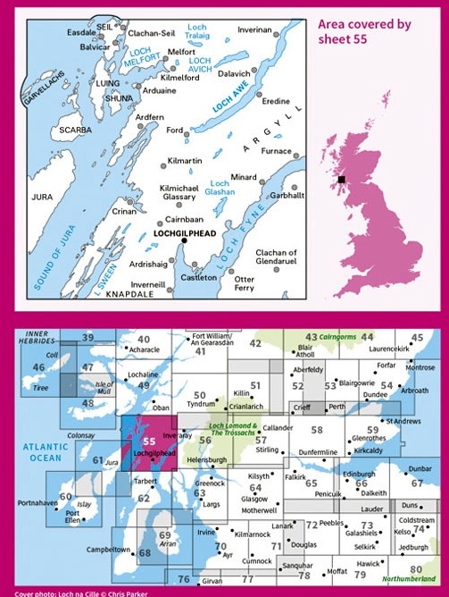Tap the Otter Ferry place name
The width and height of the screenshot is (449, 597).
pos(244,283)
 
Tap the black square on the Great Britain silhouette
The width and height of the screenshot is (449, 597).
pos(342,180)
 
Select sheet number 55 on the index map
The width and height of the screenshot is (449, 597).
pos(149,441)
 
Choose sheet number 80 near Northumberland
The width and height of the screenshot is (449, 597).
pos(416,568)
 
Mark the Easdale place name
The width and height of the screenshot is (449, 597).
pos(60,31)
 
